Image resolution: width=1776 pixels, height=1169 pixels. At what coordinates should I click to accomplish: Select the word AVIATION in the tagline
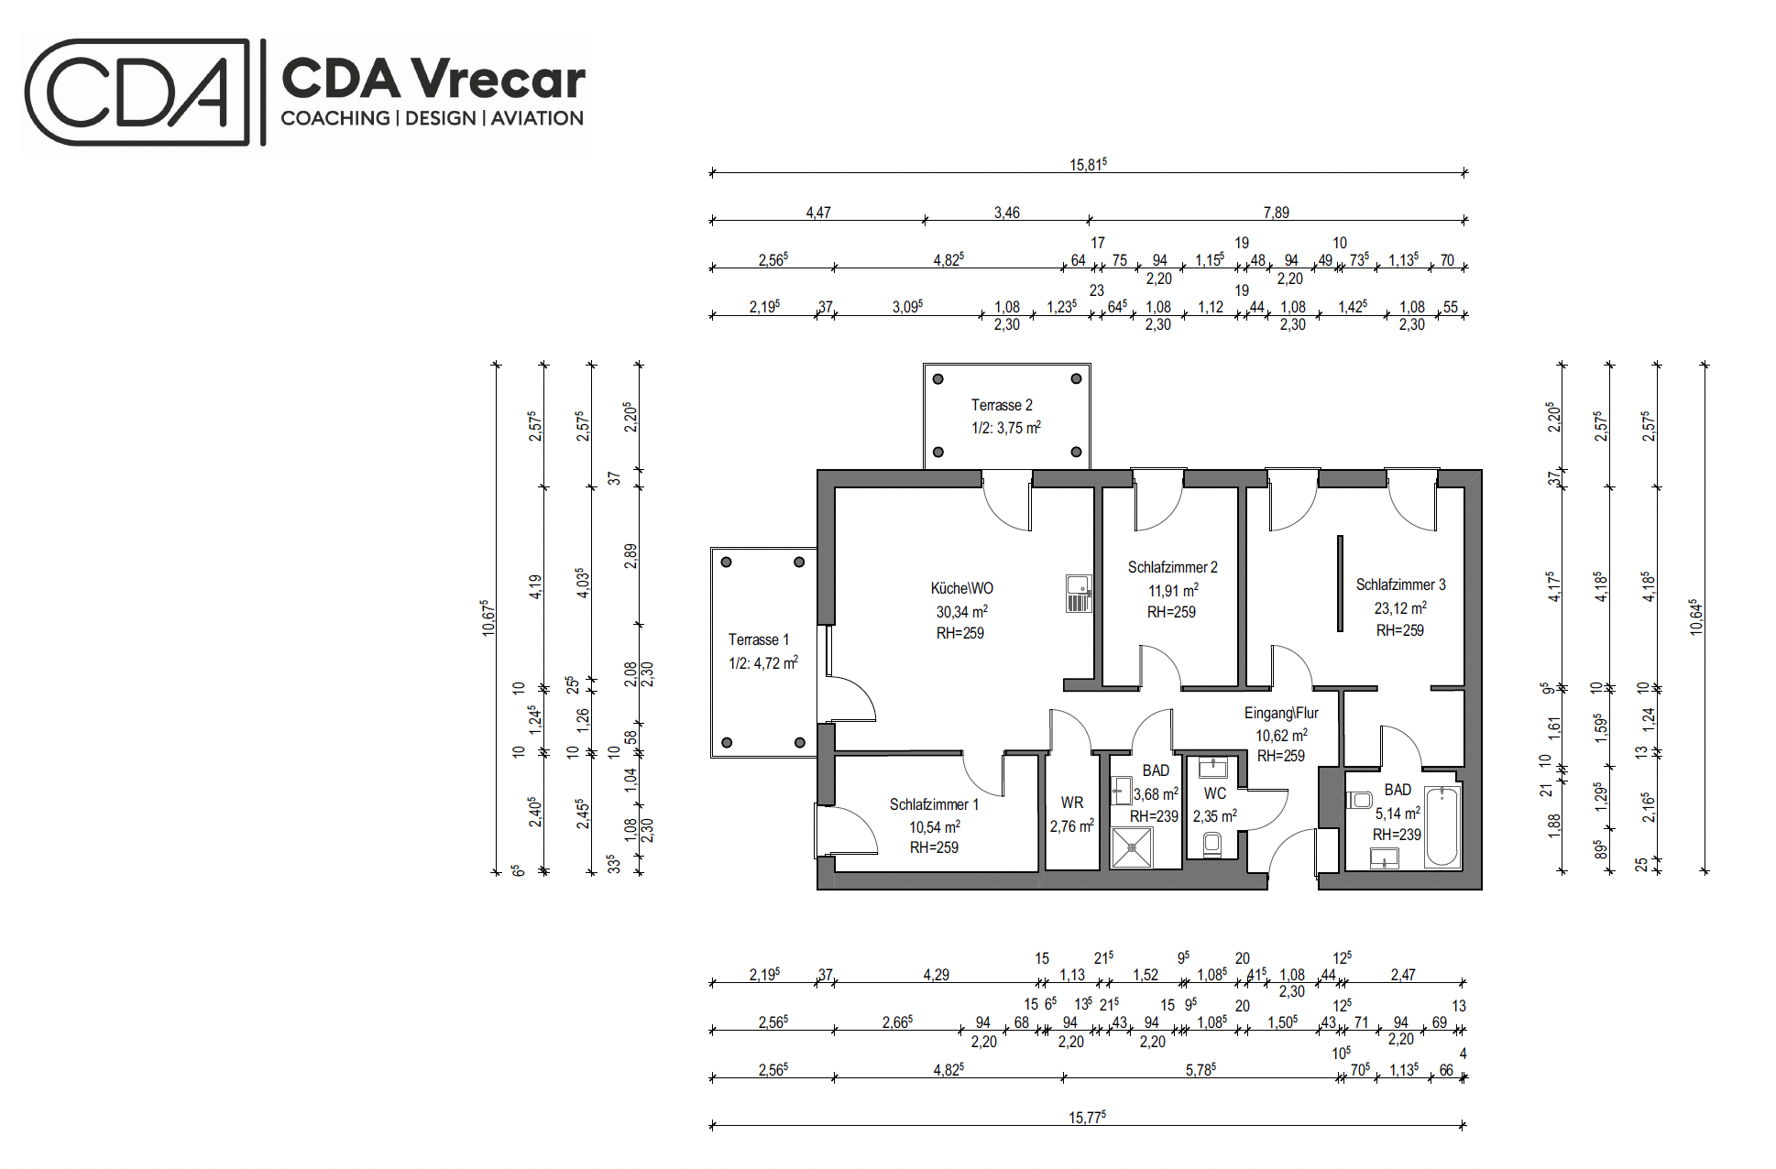(537, 118)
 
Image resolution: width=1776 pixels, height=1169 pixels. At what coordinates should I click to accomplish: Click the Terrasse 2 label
(1002, 405)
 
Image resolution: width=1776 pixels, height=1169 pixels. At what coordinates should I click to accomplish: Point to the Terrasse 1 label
(758, 639)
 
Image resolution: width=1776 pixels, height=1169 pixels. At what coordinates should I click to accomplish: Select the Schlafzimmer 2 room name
(1172, 567)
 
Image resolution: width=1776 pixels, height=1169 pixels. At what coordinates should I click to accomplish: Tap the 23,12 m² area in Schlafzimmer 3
(1400, 607)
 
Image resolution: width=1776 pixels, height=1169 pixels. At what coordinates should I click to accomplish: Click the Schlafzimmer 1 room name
(934, 804)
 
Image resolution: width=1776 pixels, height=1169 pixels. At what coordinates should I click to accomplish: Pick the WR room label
(1072, 803)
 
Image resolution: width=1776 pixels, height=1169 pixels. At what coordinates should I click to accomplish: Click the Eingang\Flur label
(1281, 713)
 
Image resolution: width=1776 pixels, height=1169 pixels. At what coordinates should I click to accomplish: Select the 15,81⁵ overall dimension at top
(1088, 164)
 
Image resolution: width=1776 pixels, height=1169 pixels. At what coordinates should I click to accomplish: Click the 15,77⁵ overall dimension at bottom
(1087, 1117)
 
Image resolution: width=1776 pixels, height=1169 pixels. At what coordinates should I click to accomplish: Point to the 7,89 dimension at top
(1276, 213)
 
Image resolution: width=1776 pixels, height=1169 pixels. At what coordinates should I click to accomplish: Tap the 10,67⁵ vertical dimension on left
(488, 617)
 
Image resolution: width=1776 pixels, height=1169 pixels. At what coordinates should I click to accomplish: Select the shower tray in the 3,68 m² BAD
(1132, 847)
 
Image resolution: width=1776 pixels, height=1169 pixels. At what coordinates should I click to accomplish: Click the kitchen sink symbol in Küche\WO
(1079, 594)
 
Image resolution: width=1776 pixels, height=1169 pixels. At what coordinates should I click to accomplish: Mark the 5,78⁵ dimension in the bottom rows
(1200, 1069)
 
